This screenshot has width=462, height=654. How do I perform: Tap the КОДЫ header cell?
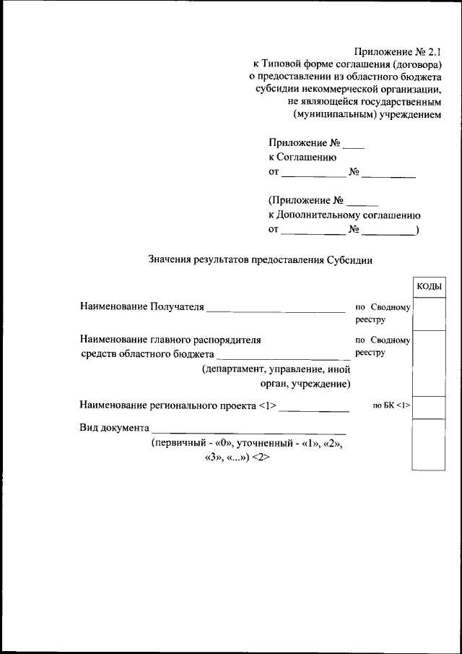[x=429, y=288]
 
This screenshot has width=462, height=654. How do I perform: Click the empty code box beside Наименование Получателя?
[x=429, y=314]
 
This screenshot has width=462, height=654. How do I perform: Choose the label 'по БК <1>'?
[x=391, y=405]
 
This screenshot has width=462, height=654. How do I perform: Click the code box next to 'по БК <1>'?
[x=429, y=407]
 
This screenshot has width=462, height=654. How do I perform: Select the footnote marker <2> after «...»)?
[x=261, y=457]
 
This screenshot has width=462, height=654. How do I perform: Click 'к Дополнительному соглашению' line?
[x=344, y=215]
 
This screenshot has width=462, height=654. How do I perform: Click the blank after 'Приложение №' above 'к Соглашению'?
[x=353, y=145]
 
